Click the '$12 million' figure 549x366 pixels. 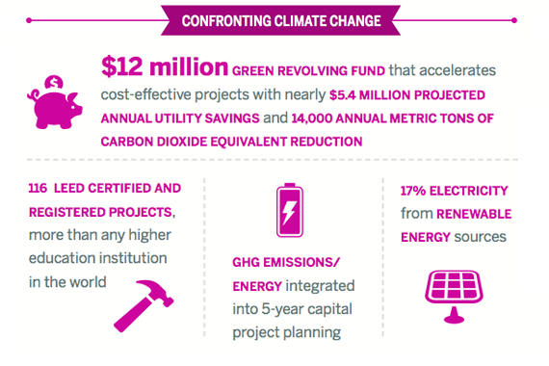pos(162,69)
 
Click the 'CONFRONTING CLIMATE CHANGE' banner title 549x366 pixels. pos(275,21)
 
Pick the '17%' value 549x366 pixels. pos(410,190)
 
